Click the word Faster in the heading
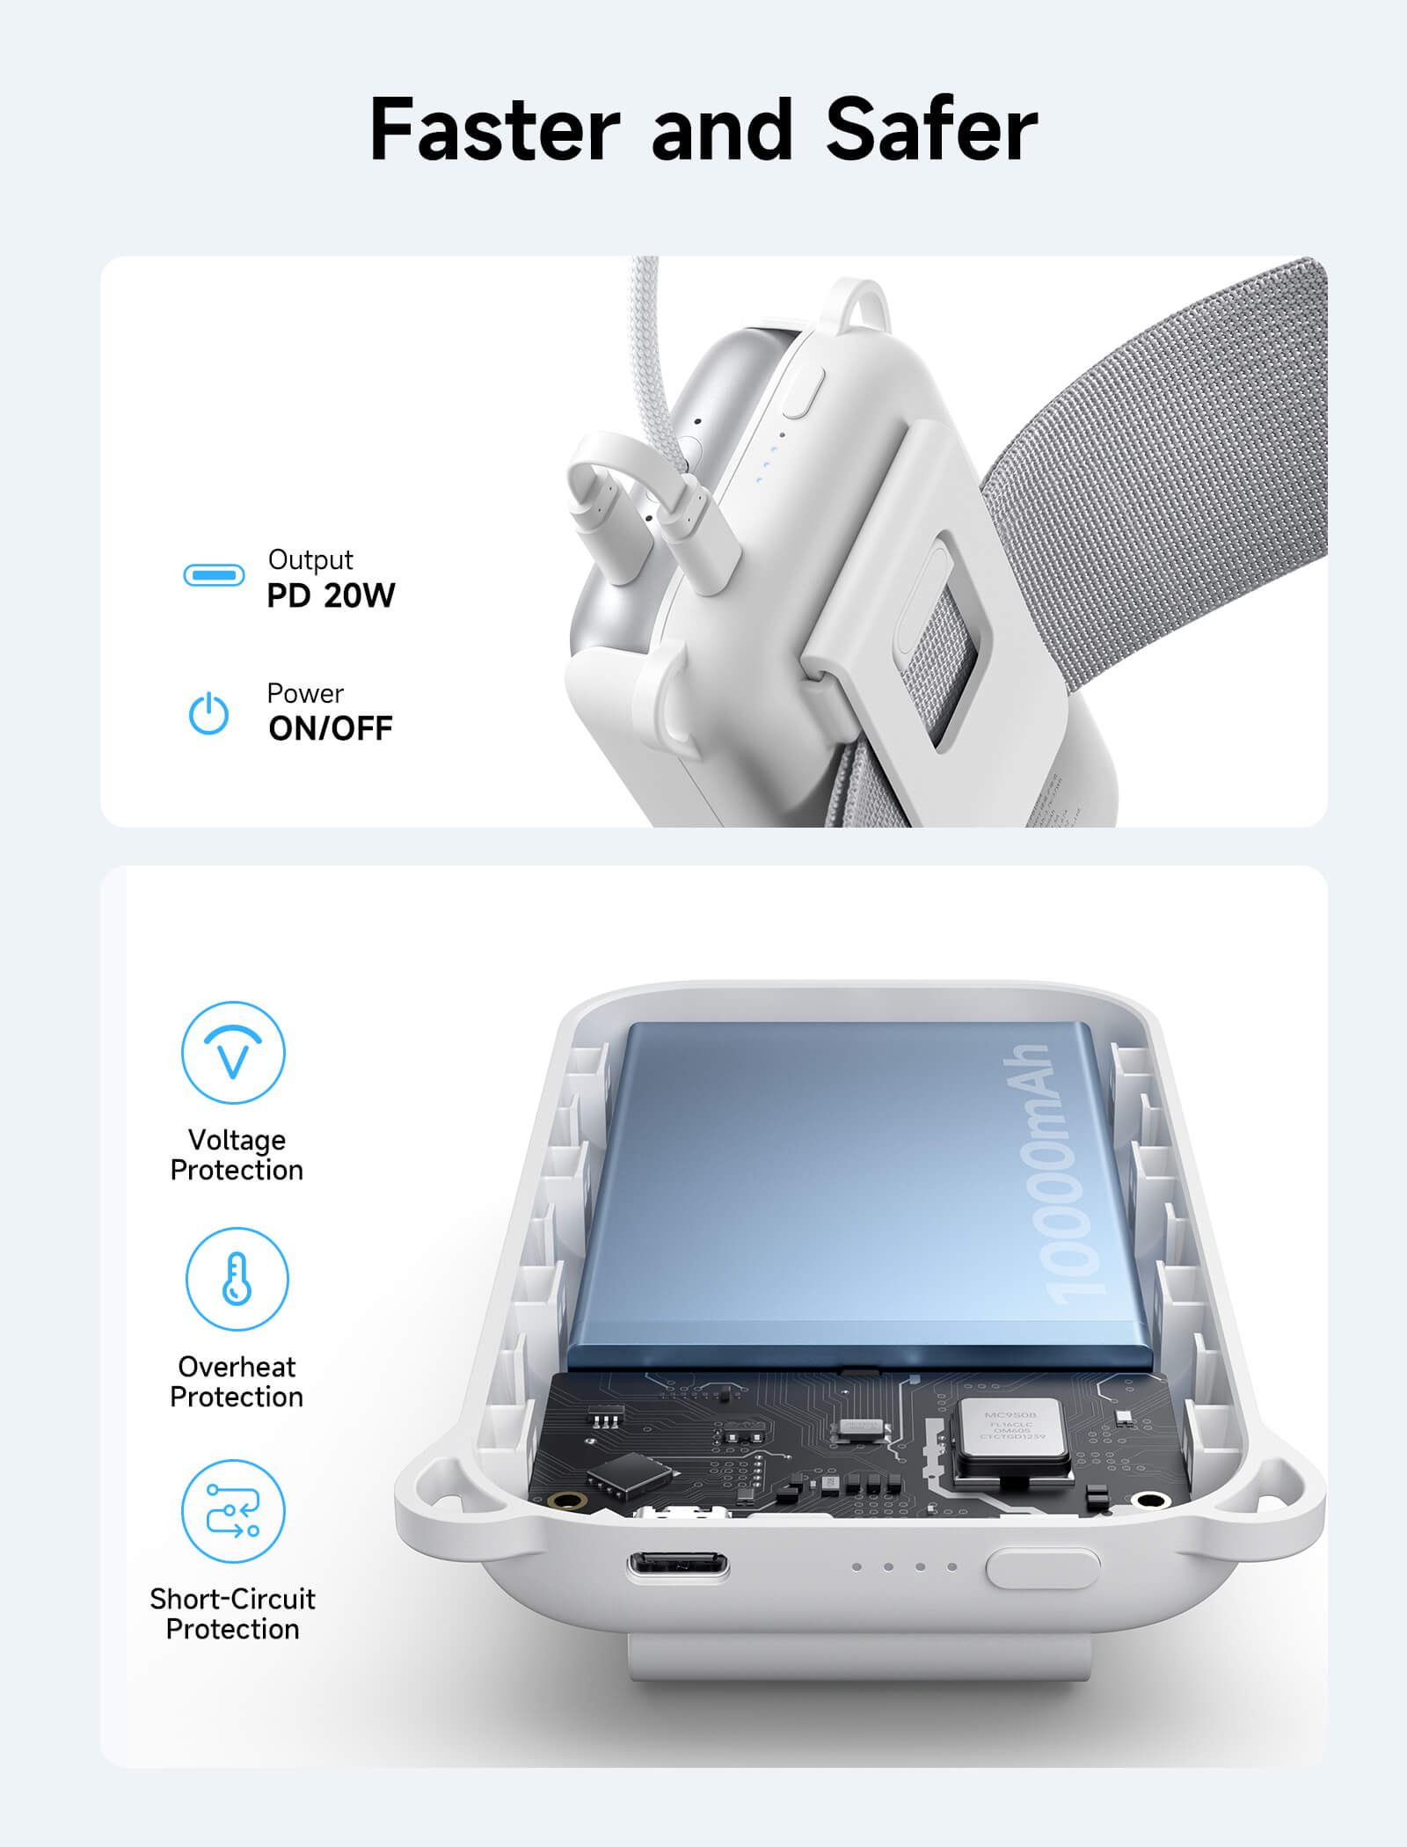click(494, 130)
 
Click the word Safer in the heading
click(932, 130)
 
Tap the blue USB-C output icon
click(214, 576)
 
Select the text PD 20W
click(331, 596)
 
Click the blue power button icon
click(209, 713)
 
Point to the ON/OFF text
click(331, 728)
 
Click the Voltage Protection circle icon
click(233, 1052)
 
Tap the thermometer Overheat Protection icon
click(237, 1279)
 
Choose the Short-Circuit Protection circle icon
click(233, 1511)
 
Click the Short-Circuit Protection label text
click(233, 1613)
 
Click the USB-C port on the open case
click(677, 1566)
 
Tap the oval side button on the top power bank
click(804, 391)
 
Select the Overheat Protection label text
click(237, 1382)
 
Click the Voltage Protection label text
click(237, 1155)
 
